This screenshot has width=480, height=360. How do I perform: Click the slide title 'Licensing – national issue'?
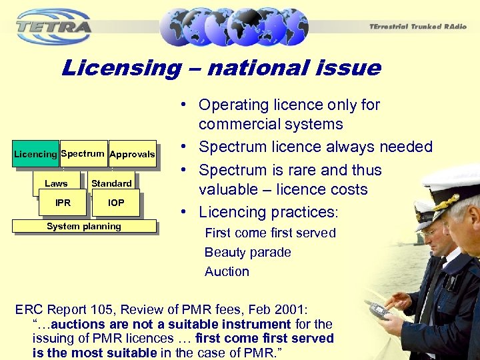[x=221, y=67]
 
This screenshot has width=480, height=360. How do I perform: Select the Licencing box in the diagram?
[x=35, y=154]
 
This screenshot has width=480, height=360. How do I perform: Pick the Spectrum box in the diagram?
[x=83, y=153]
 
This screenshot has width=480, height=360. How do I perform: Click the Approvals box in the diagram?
[x=132, y=154]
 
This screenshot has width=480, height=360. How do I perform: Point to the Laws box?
[x=56, y=183]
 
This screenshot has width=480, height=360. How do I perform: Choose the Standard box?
[x=111, y=183]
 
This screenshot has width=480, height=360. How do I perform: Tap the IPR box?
[x=63, y=203]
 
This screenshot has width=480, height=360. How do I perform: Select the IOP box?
[x=116, y=203]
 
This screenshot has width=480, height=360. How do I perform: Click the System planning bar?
[x=84, y=226]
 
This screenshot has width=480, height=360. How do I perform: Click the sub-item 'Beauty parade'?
[x=248, y=252]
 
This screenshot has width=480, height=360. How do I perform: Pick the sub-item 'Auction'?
[x=227, y=271]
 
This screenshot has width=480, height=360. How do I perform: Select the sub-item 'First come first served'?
[x=270, y=233]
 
